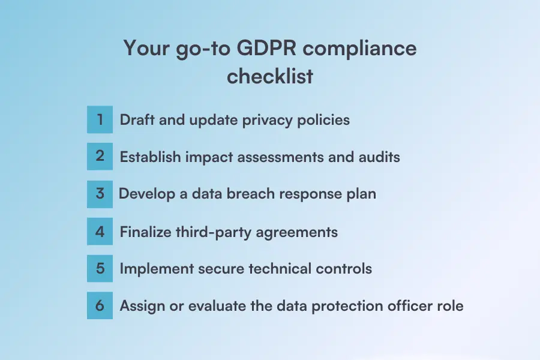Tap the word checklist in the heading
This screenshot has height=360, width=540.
click(x=270, y=77)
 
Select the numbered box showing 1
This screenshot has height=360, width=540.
click(x=100, y=119)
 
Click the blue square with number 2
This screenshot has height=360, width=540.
click(x=100, y=156)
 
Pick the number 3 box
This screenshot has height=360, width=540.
click(x=100, y=194)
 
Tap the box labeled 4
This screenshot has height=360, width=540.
click(x=100, y=231)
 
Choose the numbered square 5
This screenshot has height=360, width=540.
click(x=100, y=268)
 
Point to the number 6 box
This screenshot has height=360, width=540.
click(x=100, y=305)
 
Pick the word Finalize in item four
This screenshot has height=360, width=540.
click(x=145, y=232)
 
